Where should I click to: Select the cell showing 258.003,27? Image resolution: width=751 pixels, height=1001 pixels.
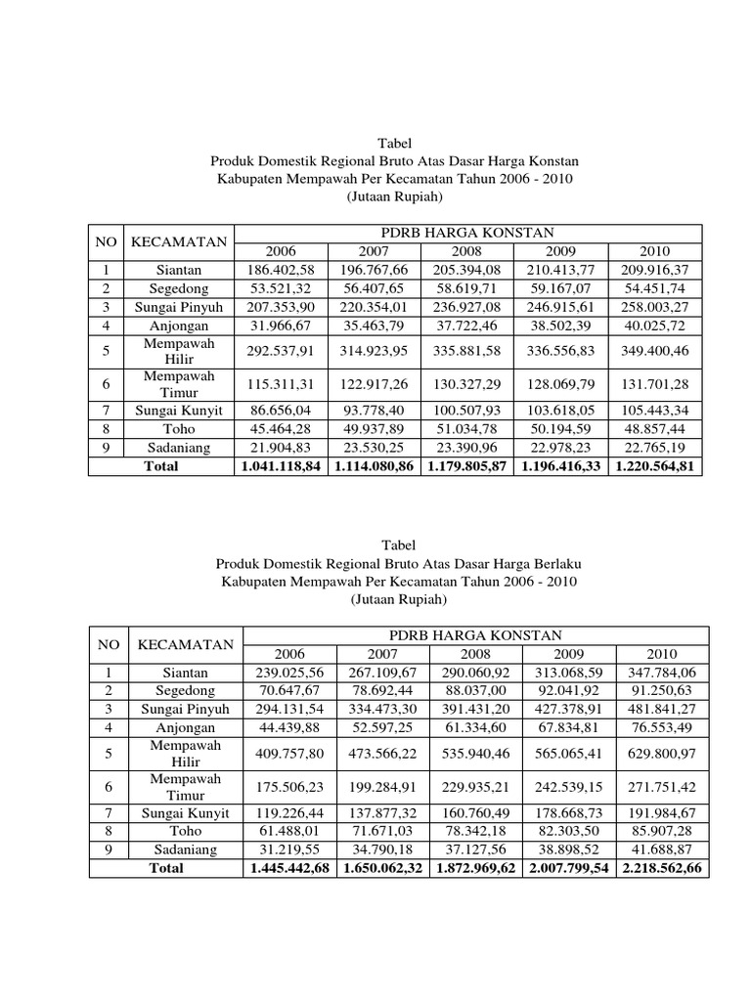pyautogui.click(x=655, y=306)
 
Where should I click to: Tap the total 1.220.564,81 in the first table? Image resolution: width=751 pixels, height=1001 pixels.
pyautogui.click(x=655, y=466)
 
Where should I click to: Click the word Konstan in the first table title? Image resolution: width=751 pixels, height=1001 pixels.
pyautogui.click(x=552, y=161)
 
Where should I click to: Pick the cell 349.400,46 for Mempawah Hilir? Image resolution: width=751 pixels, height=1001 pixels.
pyautogui.click(x=655, y=351)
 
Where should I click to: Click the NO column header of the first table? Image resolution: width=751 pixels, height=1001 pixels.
pyautogui.click(x=105, y=241)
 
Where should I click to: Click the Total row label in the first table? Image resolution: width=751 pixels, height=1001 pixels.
pyautogui.click(x=161, y=466)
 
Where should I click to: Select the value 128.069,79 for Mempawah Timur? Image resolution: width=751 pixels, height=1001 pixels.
pyautogui.click(x=561, y=384)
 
